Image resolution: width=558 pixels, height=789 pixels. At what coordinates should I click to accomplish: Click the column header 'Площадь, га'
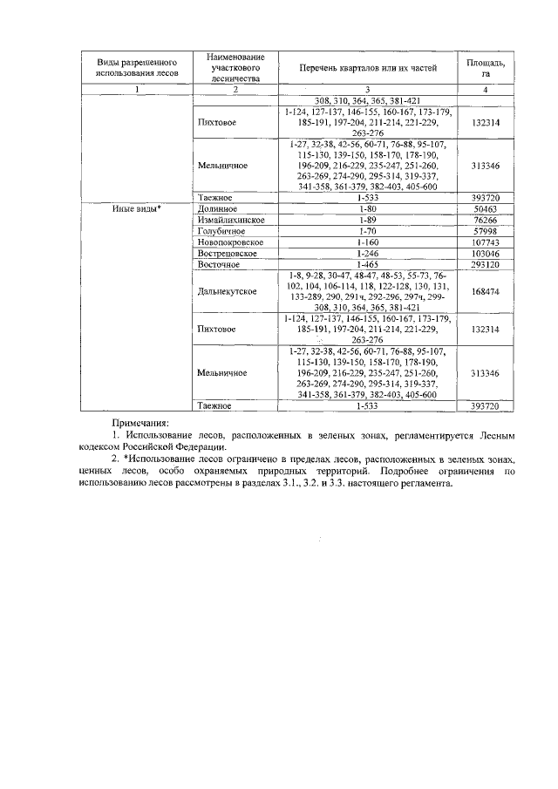point(485,68)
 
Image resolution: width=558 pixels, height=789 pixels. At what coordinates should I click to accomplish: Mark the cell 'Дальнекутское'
point(228,290)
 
